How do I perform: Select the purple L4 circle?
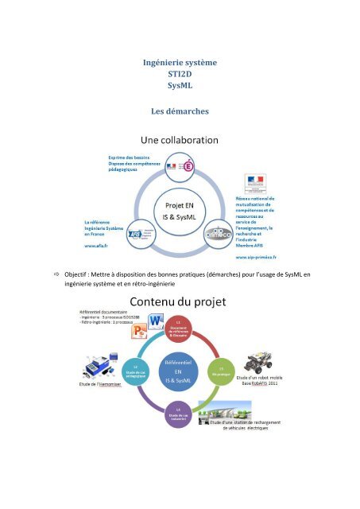(x=179, y=414)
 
